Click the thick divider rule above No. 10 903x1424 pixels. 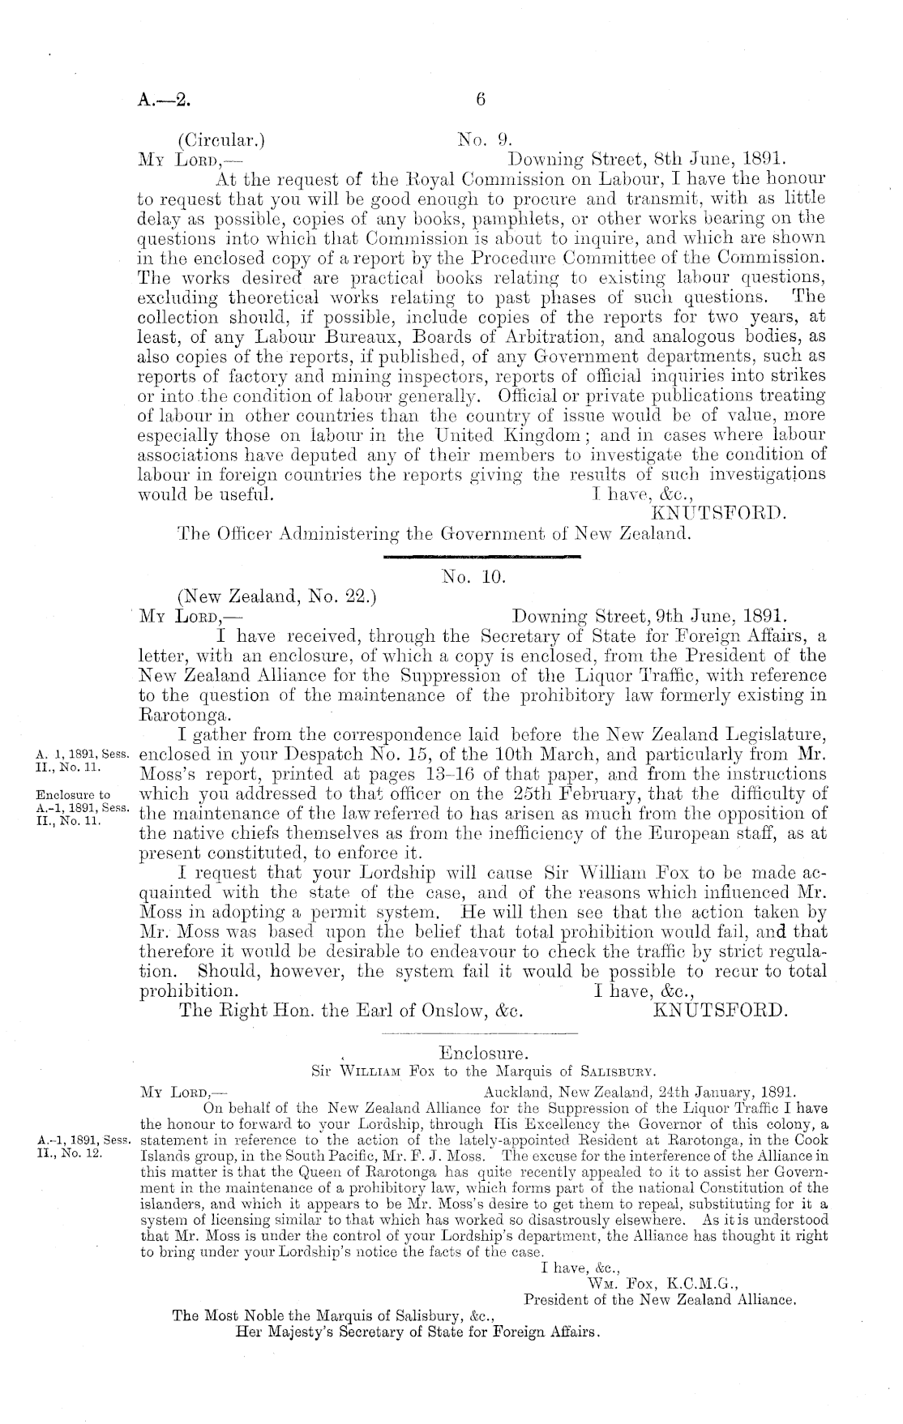pos(479,557)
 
